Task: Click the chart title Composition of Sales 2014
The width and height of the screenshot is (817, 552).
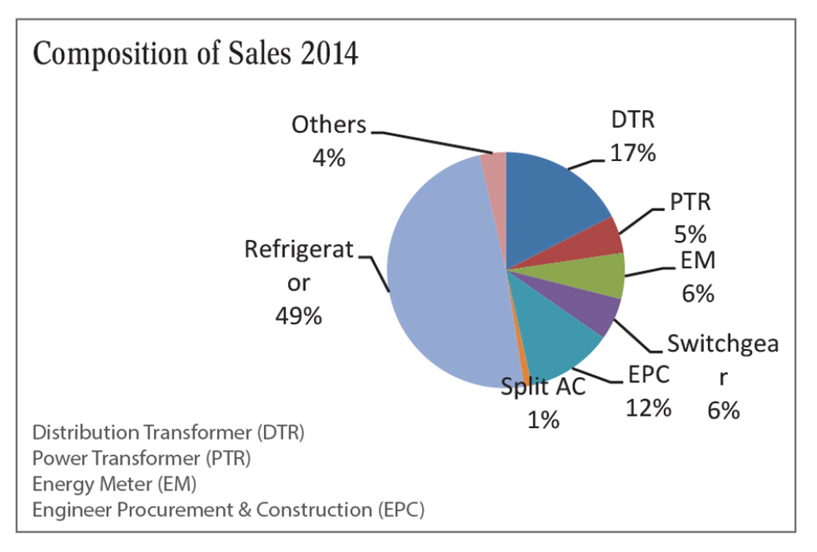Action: pyautogui.click(x=195, y=53)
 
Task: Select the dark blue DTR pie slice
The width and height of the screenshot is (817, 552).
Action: pyautogui.click(x=549, y=204)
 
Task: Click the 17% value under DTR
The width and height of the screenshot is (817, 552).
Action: pyautogui.click(x=633, y=153)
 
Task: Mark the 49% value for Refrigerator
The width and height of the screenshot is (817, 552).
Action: pyautogui.click(x=298, y=316)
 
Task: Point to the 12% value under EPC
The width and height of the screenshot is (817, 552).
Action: pyautogui.click(x=649, y=408)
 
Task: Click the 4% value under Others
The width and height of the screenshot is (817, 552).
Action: pyautogui.click(x=329, y=158)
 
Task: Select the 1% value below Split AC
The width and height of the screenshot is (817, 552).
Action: pyautogui.click(x=543, y=420)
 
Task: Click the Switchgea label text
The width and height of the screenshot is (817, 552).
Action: pyautogui.click(x=723, y=344)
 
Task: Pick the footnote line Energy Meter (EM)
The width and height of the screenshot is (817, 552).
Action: pyautogui.click(x=114, y=484)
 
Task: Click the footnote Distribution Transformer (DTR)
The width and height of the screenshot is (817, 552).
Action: pyautogui.click(x=168, y=433)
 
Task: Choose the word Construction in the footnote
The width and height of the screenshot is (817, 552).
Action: pyautogui.click(x=314, y=510)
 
